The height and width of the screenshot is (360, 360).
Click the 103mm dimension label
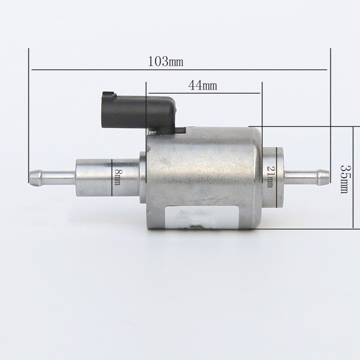point(166,61)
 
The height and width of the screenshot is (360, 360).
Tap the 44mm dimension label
point(202,85)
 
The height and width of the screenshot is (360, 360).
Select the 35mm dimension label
point(344,179)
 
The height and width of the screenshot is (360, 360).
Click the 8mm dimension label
point(117,177)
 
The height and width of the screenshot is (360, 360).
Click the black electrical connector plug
point(138,113)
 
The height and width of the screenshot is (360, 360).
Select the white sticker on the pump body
point(202,217)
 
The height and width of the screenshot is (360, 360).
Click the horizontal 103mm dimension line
point(179,70)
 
